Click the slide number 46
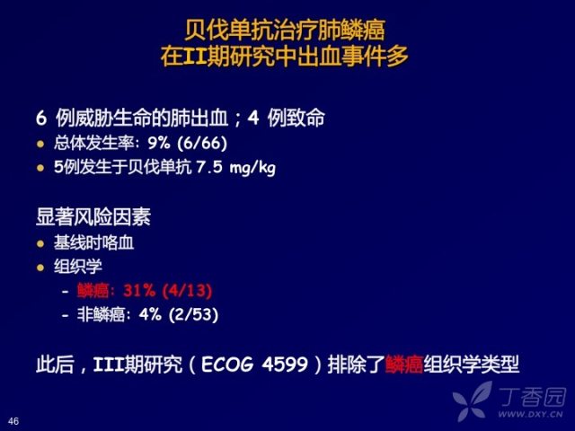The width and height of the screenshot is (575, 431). click(13, 421)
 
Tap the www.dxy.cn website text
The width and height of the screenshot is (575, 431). click(530, 415)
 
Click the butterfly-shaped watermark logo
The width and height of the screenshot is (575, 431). click(472, 401)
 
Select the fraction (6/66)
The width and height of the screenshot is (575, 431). click(202, 143)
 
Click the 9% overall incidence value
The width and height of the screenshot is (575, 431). click(159, 143)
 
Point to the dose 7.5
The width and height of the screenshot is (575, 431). click(209, 167)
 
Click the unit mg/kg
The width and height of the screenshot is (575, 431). click(252, 168)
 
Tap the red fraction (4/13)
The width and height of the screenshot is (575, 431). click(188, 291)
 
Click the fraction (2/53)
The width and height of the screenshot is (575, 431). click(193, 315)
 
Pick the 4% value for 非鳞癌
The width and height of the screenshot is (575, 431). click(150, 315)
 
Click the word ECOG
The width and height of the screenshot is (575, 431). click(227, 365)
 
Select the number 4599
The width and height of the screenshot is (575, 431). click(285, 365)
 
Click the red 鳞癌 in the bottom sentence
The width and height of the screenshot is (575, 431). click(404, 365)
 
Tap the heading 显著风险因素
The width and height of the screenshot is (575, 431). click(93, 217)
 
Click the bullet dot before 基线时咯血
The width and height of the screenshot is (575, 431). click(40, 243)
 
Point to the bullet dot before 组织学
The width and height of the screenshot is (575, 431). click(40, 268)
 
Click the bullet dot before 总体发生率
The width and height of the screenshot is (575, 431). click(40, 144)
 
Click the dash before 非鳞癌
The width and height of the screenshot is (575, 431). click(66, 315)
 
